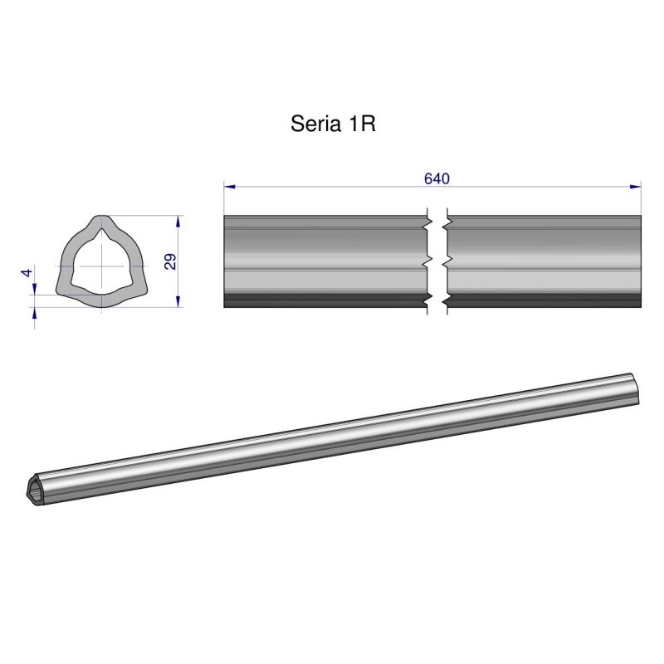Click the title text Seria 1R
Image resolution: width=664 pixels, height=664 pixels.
click(334, 124)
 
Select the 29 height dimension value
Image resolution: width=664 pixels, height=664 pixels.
click(170, 262)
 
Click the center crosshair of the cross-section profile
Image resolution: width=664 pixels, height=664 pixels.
click(101, 265)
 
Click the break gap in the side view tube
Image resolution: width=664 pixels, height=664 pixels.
click(437, 261)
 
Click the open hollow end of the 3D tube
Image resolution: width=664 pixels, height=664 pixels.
click(36, 490)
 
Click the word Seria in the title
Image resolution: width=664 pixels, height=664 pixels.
click(314, 124)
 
